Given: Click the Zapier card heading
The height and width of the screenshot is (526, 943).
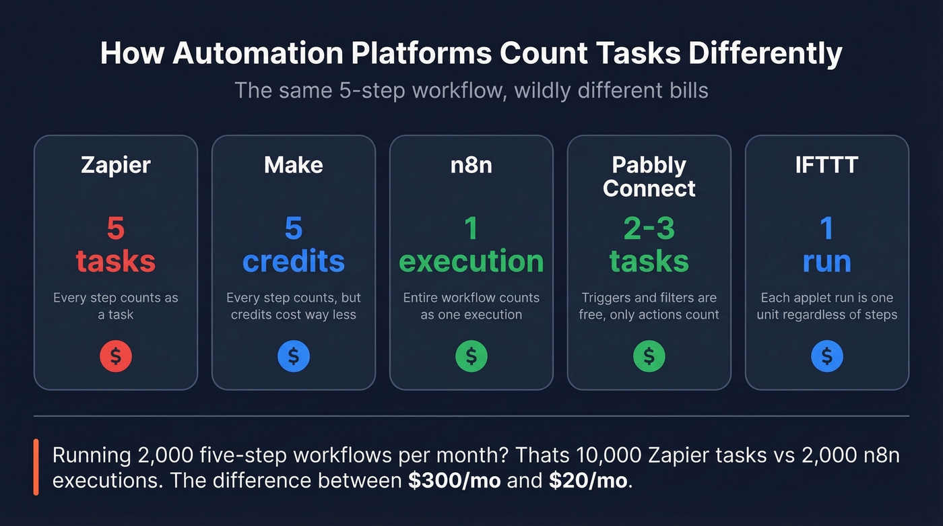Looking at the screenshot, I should tap(115, 166).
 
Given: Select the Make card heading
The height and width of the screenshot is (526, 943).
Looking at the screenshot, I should tap(293, 166).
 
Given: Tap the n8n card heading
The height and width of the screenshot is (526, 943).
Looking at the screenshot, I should tap(471, 166).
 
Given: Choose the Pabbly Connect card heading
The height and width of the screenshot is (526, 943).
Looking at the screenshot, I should tap(649, 176).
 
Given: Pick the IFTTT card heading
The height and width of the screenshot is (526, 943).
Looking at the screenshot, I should tap(826, 166).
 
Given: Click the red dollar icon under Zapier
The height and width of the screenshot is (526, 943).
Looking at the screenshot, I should tap(116, 356).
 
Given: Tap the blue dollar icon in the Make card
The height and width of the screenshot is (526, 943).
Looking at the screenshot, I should tap(294, 356).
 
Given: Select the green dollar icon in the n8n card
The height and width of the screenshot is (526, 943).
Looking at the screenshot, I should tap(471, 356).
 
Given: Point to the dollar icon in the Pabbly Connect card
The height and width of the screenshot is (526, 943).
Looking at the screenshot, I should tap(649, 356).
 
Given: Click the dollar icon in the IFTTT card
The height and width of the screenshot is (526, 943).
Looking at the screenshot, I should tap(827, 356).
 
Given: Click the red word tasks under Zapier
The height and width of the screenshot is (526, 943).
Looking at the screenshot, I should tap(115, 261).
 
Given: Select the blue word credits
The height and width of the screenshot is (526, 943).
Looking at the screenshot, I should tap(293, 261).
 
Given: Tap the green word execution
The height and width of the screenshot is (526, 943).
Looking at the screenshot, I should tap(471, 261).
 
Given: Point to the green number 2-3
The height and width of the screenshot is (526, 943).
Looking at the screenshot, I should tap(649, 229).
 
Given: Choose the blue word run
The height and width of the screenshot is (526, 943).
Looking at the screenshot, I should tap(826, 261).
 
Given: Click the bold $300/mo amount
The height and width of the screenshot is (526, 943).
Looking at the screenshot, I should tap(454, 482).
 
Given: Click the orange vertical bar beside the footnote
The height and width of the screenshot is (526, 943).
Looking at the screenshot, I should tap(36, 467).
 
